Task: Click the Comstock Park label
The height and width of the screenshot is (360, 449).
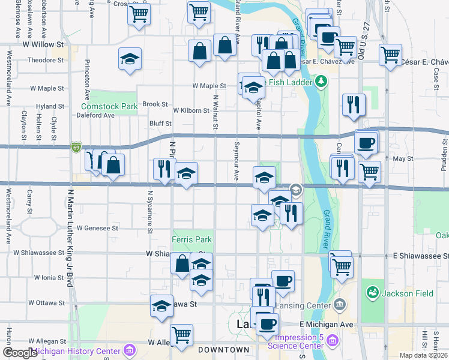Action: (x=101, y=106)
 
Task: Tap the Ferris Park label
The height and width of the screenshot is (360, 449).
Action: (x=191, y=239)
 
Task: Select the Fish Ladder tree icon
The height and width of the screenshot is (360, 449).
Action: (x=321, y=80)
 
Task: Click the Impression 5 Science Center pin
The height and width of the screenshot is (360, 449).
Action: (x=332, y=341)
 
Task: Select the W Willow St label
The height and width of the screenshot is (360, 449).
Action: (x=43, y=44)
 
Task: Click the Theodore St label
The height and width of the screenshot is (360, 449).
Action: (x=46, y=60)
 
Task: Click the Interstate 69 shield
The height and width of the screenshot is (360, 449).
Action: (x=76, y=147)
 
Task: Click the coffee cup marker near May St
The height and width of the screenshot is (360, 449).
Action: (x=366, y=143)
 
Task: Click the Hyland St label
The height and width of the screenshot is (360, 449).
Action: (x=50, y=106)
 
